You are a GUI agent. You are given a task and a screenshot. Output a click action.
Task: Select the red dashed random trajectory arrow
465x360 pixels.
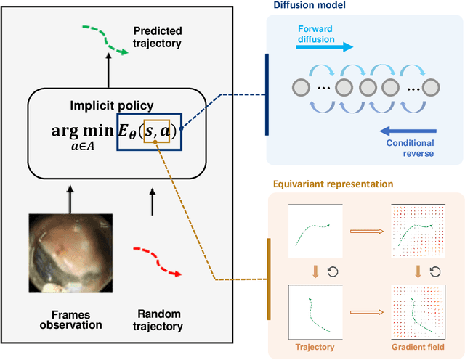[157, 261]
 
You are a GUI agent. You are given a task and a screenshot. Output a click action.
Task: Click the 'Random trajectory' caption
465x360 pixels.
[159, 320]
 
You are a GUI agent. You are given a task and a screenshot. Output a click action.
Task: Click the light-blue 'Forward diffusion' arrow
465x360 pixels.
[323, 46]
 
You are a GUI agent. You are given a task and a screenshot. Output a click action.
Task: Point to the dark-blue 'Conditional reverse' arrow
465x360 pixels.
[413, 131]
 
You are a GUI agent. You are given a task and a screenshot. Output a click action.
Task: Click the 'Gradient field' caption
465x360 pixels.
[418, 347]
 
